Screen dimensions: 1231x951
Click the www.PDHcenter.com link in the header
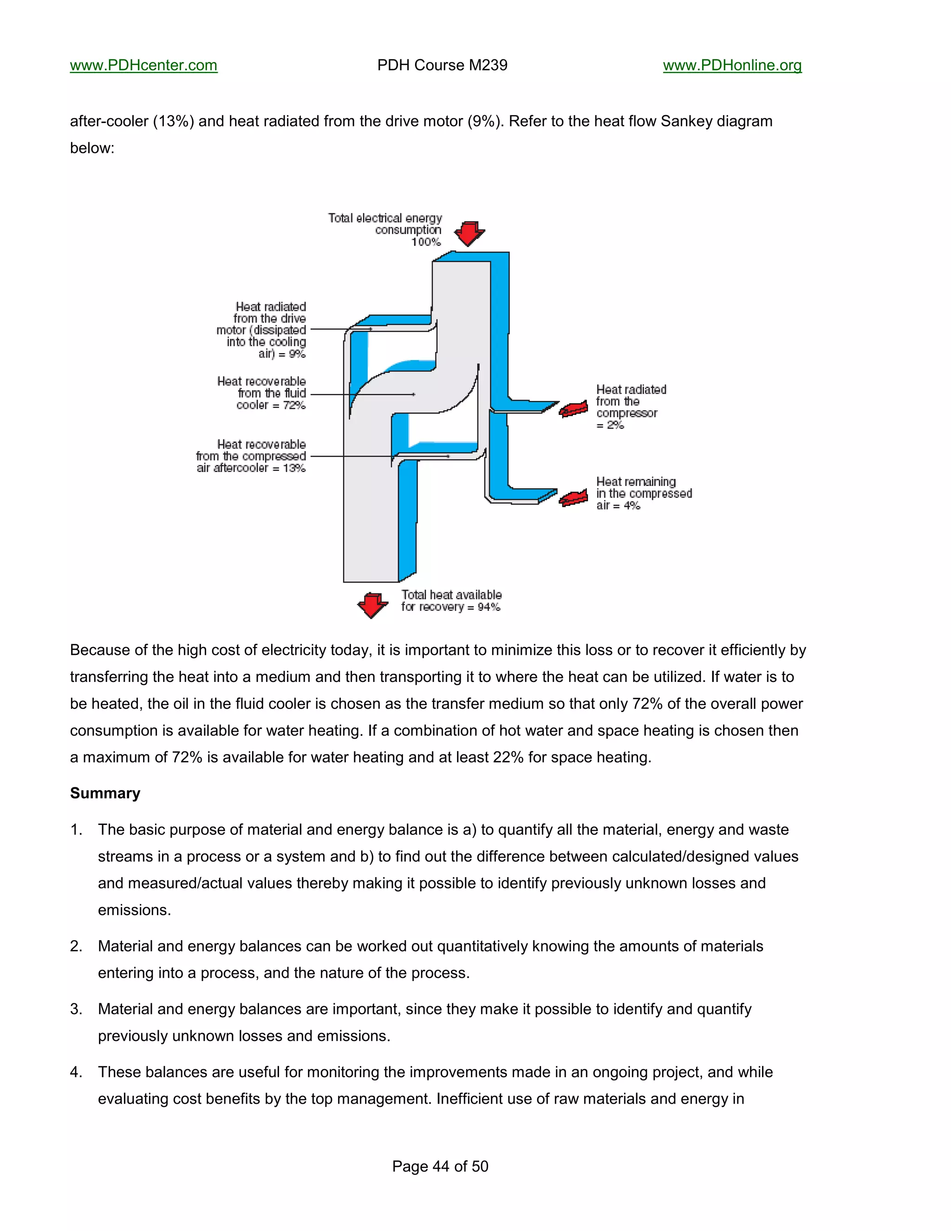(143, 65)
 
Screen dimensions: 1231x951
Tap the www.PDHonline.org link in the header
(732, 65)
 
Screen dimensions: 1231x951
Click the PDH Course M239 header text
(442, 65)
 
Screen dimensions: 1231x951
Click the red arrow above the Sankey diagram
(469, 233)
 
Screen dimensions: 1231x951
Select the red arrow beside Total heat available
(372, 605)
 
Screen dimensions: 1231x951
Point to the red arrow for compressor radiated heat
(573, 409)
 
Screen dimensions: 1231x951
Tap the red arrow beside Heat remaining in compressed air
(573, 498)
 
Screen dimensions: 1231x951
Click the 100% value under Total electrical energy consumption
(426, 242)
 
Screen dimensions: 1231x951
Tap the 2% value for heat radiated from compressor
(615, 426)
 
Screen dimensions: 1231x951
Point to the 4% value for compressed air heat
(632, 505)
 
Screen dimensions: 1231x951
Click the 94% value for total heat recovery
(489, 607)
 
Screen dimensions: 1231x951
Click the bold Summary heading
(105, 793)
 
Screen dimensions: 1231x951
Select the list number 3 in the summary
(76, 1009)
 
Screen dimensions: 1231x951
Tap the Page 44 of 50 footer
(440, 1166)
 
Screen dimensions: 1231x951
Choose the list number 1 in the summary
(76, 830)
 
